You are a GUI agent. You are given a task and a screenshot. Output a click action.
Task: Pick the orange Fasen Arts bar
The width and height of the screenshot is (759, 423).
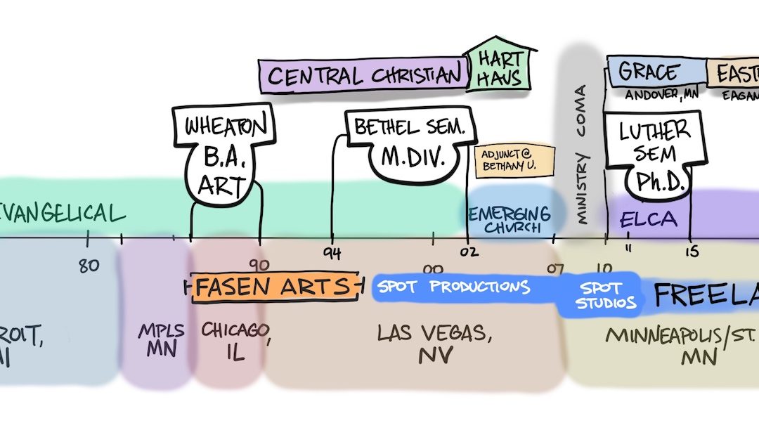[x=273, y=287]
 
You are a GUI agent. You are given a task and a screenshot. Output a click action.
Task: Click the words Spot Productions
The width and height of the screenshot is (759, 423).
[x=453, y=287]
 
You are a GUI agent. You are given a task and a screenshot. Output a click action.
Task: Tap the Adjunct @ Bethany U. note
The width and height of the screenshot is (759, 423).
[x=514, y=161]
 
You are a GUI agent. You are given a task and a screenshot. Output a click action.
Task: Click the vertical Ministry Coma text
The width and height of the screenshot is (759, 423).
[x=581, y=155]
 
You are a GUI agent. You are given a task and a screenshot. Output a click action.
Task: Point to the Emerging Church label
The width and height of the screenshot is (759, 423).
[x=510, y=219]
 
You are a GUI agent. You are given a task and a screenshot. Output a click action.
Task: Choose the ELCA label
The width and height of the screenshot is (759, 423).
[x=648, y=220]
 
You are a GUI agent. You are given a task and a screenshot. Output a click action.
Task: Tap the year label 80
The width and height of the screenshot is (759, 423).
[x=88, y=266]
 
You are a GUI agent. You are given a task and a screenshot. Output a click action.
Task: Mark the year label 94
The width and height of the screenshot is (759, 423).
[x=332, y=253]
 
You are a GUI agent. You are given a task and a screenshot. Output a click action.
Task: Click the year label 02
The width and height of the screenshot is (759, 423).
[x=468, y=254]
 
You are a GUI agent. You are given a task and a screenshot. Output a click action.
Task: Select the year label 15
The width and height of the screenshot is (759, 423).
[x=692, y=252]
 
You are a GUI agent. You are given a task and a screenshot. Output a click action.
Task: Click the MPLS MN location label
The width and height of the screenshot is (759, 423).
[x=161, y=339]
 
